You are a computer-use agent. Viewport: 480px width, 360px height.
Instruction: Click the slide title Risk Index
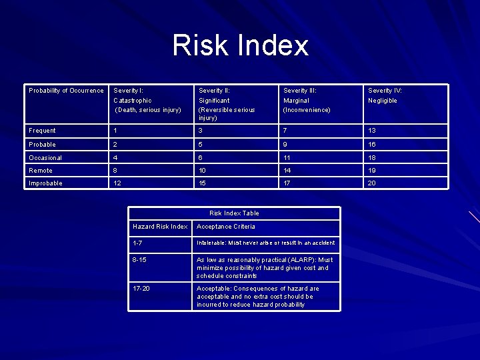240,45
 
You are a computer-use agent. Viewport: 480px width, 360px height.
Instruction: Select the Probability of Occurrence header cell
66,91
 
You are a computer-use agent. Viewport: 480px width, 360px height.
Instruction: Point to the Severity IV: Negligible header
385,95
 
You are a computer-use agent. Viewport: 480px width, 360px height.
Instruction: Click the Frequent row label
42,131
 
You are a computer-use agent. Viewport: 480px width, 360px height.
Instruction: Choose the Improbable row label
45,183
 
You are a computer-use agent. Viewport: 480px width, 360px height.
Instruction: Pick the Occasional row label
45,157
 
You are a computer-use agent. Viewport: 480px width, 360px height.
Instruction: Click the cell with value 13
372,131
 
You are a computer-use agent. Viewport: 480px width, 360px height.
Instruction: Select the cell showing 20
372,183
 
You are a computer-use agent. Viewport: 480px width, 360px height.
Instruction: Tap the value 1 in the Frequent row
115,131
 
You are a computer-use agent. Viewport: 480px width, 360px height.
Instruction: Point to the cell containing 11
287,157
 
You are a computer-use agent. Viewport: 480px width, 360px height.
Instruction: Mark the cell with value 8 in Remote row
115,171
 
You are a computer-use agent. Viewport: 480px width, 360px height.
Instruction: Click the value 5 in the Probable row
201,144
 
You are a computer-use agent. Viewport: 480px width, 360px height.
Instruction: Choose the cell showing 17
287,183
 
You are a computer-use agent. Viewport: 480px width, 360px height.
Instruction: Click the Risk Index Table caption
234,213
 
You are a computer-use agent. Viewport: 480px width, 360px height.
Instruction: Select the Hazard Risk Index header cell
160,227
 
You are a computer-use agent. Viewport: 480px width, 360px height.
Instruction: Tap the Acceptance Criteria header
225,227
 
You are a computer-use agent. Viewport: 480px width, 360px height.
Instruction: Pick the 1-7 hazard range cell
137,243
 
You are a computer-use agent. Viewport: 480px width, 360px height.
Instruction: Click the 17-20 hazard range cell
141,289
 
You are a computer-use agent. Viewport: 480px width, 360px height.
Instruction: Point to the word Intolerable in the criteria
210,243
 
